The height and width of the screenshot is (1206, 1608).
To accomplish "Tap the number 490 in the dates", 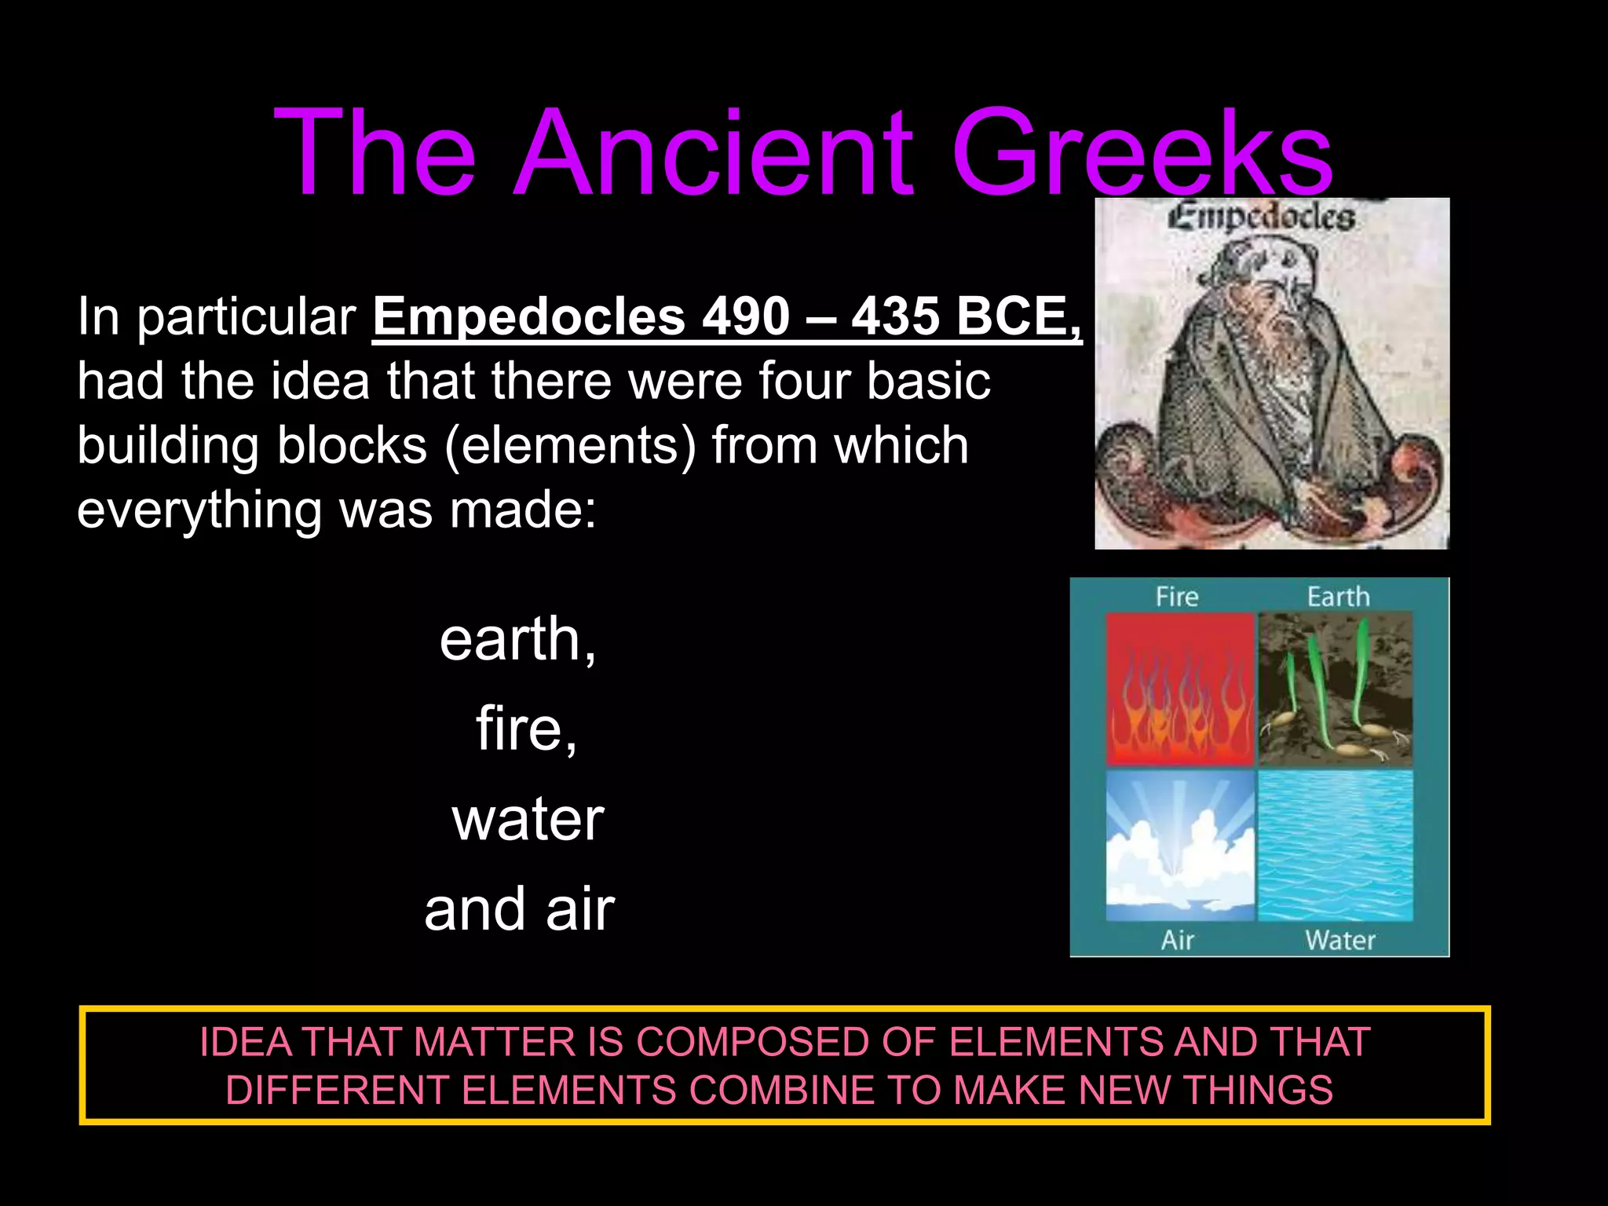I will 746,317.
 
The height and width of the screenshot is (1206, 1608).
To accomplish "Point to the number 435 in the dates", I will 896,317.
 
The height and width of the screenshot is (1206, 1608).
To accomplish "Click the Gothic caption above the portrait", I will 1262,217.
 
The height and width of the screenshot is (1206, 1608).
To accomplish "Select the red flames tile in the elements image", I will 1179,689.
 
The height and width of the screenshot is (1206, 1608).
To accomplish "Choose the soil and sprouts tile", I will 1335,689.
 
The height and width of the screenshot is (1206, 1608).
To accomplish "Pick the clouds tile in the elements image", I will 1179,845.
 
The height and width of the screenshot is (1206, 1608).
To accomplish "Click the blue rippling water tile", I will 1335,845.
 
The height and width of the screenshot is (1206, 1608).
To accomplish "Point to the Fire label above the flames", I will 1177,597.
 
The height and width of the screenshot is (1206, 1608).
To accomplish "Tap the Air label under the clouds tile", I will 1177,939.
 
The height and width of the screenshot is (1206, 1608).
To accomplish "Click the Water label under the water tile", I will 1340,939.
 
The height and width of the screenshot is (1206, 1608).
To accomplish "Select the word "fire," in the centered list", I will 527,729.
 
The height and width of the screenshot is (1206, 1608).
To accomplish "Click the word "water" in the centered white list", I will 528,819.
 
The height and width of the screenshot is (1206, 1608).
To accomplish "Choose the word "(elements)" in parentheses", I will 570,445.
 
